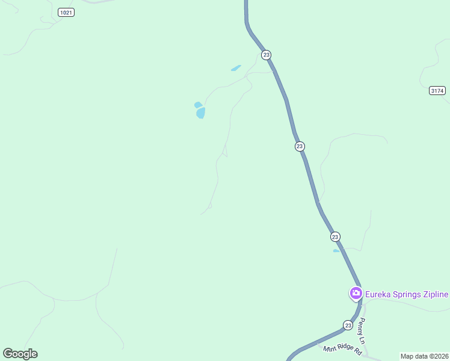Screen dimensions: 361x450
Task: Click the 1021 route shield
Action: point(66,13)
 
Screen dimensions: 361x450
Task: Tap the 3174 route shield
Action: point(437,91)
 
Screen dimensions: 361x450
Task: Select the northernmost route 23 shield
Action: point(266,55)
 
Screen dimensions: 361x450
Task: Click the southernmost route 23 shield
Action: point(348,325)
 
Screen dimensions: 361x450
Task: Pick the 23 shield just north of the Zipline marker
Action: point(335,236)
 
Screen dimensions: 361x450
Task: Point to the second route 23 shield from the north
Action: point(300,146)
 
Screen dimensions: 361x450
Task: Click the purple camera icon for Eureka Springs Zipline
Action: point(356,294)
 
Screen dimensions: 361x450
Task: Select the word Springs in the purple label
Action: point(410,294)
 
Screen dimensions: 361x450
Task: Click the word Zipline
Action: point(437,294)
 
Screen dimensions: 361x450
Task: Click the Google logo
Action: point(20,353)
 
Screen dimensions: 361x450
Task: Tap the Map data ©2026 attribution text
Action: point(425,356)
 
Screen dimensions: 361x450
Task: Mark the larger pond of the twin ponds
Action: point(201,113)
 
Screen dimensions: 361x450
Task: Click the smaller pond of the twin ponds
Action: point(197,105)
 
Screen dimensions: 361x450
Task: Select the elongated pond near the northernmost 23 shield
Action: point(236,68)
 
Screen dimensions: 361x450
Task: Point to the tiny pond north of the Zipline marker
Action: point(336,251)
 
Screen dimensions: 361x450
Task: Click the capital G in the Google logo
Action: point(8,353)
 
